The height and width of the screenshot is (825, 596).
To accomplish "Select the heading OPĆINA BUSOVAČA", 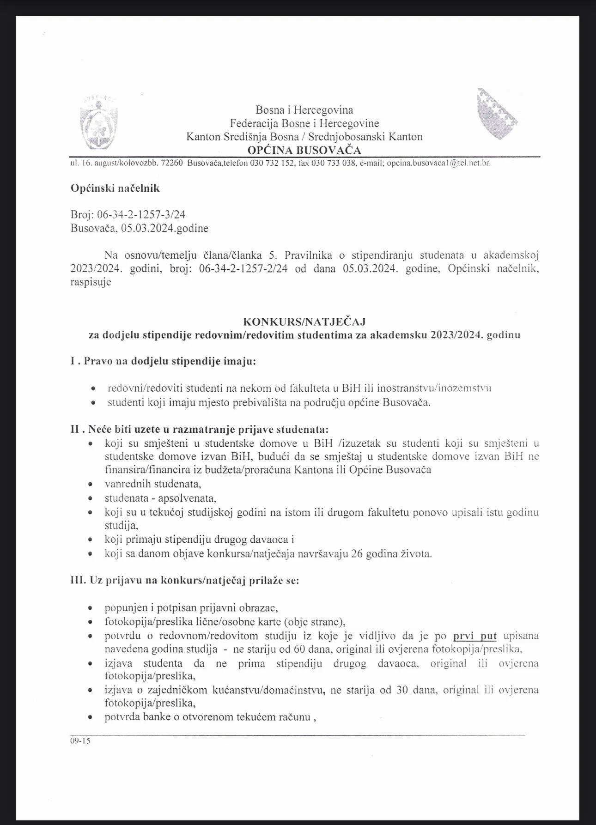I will [304, 150].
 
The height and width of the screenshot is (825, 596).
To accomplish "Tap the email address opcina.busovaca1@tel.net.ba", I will [438, 163].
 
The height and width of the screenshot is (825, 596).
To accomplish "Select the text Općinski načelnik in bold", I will [115, 188].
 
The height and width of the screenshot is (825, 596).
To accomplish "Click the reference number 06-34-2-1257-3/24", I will [141, 215].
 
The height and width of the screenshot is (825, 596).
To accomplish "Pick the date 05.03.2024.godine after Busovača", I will [164, 228].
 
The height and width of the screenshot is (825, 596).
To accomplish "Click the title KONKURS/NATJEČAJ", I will [304, 321].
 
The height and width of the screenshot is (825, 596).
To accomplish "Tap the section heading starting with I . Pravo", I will [163, 361].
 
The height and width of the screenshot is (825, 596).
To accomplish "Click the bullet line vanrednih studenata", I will [153, 484].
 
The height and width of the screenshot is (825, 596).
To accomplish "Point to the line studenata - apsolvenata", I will [160, 498].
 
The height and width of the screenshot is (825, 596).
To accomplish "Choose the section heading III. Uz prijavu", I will [184, 580].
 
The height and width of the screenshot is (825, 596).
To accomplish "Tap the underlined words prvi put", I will [474, 636].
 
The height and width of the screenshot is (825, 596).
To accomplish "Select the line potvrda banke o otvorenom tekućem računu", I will [210, 717].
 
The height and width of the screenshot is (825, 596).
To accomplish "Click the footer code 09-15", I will [80, 741].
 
